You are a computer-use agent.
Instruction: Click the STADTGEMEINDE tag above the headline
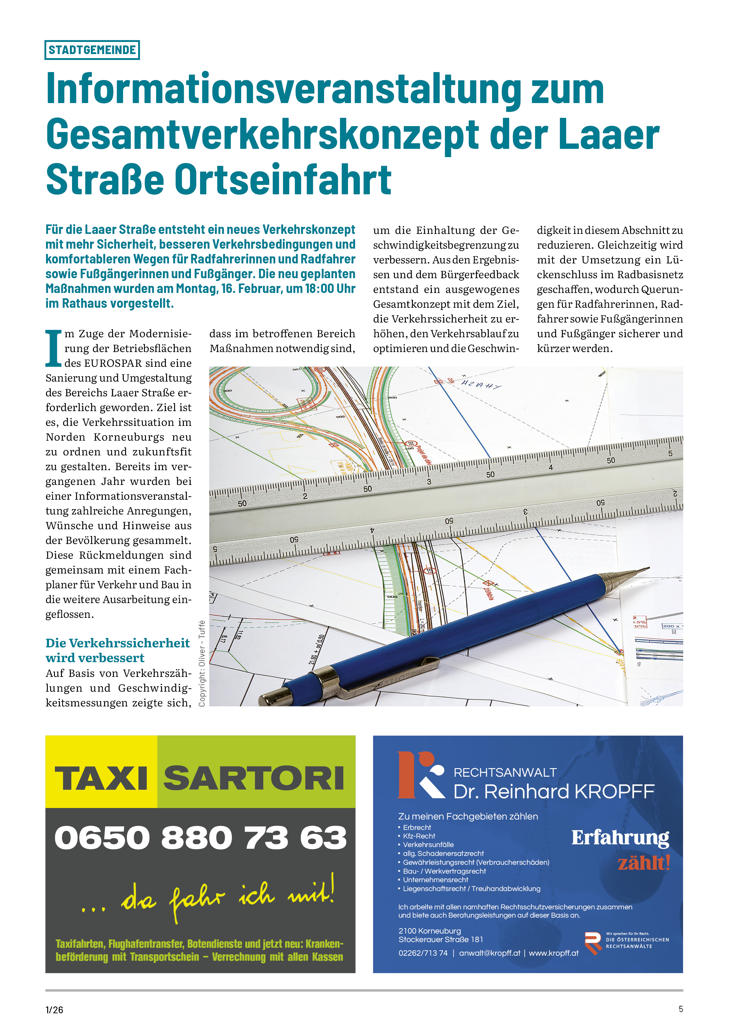click(92, 50)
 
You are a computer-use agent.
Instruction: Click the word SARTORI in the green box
click(254, 778)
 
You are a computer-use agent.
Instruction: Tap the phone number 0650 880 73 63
click(200, 838)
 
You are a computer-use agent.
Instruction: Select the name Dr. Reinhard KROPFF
click(553, 791)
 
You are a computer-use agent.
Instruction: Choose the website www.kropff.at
click(553, 953)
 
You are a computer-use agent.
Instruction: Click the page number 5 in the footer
click(681, 1009)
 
